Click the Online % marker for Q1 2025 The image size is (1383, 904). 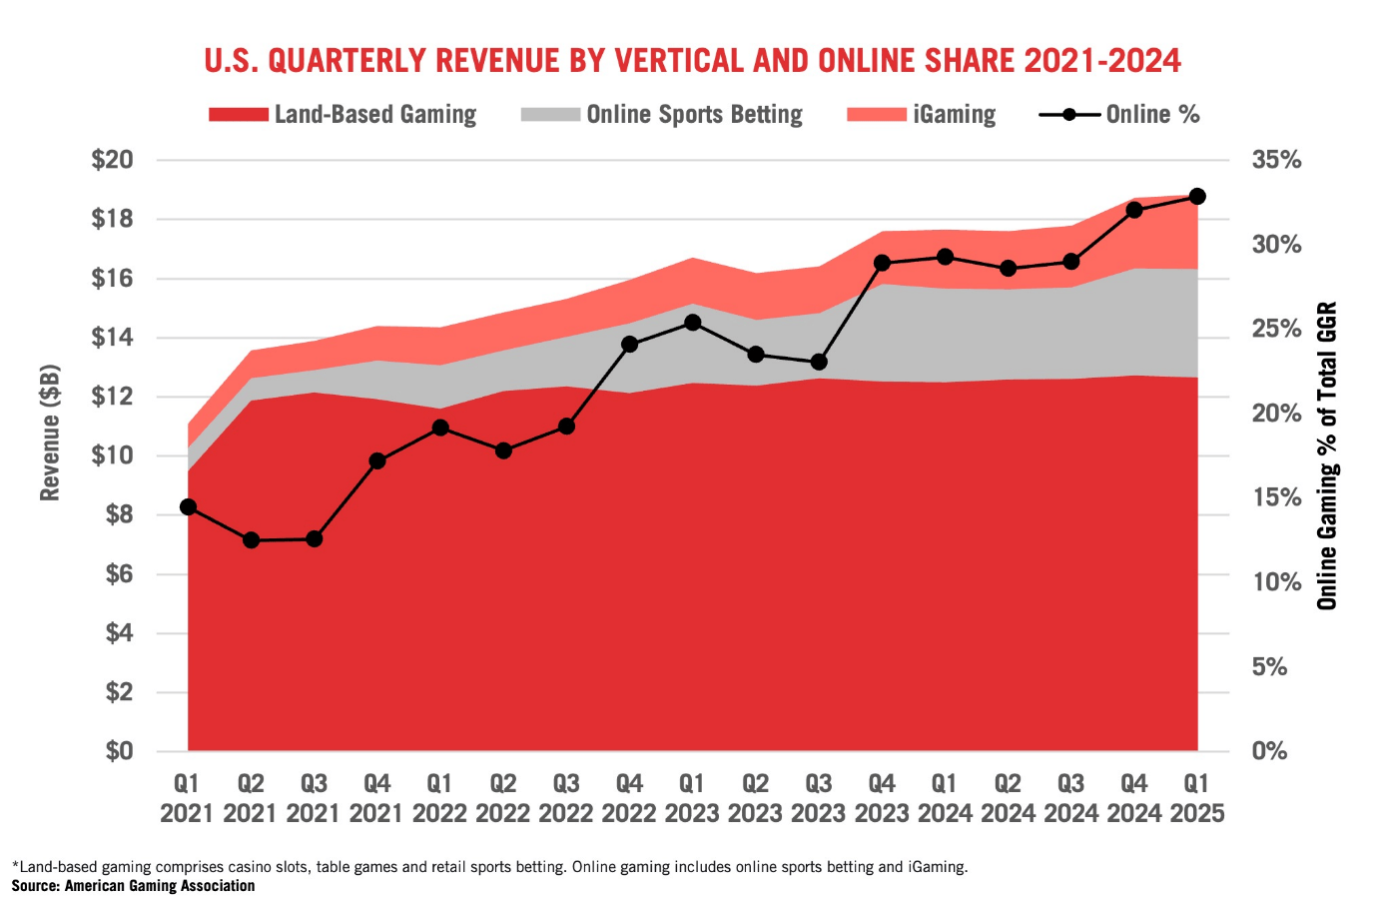[x=1197, y=197]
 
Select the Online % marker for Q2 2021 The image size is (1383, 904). [x=252, y=540]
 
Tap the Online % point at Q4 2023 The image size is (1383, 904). [x=882, y=263]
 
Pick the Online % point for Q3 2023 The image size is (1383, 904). [x=819, y=362]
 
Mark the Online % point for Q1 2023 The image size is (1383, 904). [x=693, y=323]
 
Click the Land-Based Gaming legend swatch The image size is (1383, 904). [x=239, y=115]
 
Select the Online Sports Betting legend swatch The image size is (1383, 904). [x=550, y=115]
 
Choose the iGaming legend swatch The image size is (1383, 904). [x=876, y=115]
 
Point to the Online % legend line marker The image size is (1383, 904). [x=1069, y=115]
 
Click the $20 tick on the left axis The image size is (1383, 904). [x=112, y=160]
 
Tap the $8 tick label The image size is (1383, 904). [x=119, y=515]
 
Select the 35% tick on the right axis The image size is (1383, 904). [x=1276, y=160]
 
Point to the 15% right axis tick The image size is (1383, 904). [x=1276, y=497]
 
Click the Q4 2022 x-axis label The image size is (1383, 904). [x=629, y=798]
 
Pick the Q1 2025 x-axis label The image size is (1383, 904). [x=1197, y=798]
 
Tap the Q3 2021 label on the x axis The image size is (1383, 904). [x=314, y=798]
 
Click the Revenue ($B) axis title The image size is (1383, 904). [x=50, y=433]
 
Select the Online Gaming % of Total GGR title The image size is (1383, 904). [x=1327, y=455]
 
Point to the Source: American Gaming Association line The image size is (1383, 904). [x=133, y=886]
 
